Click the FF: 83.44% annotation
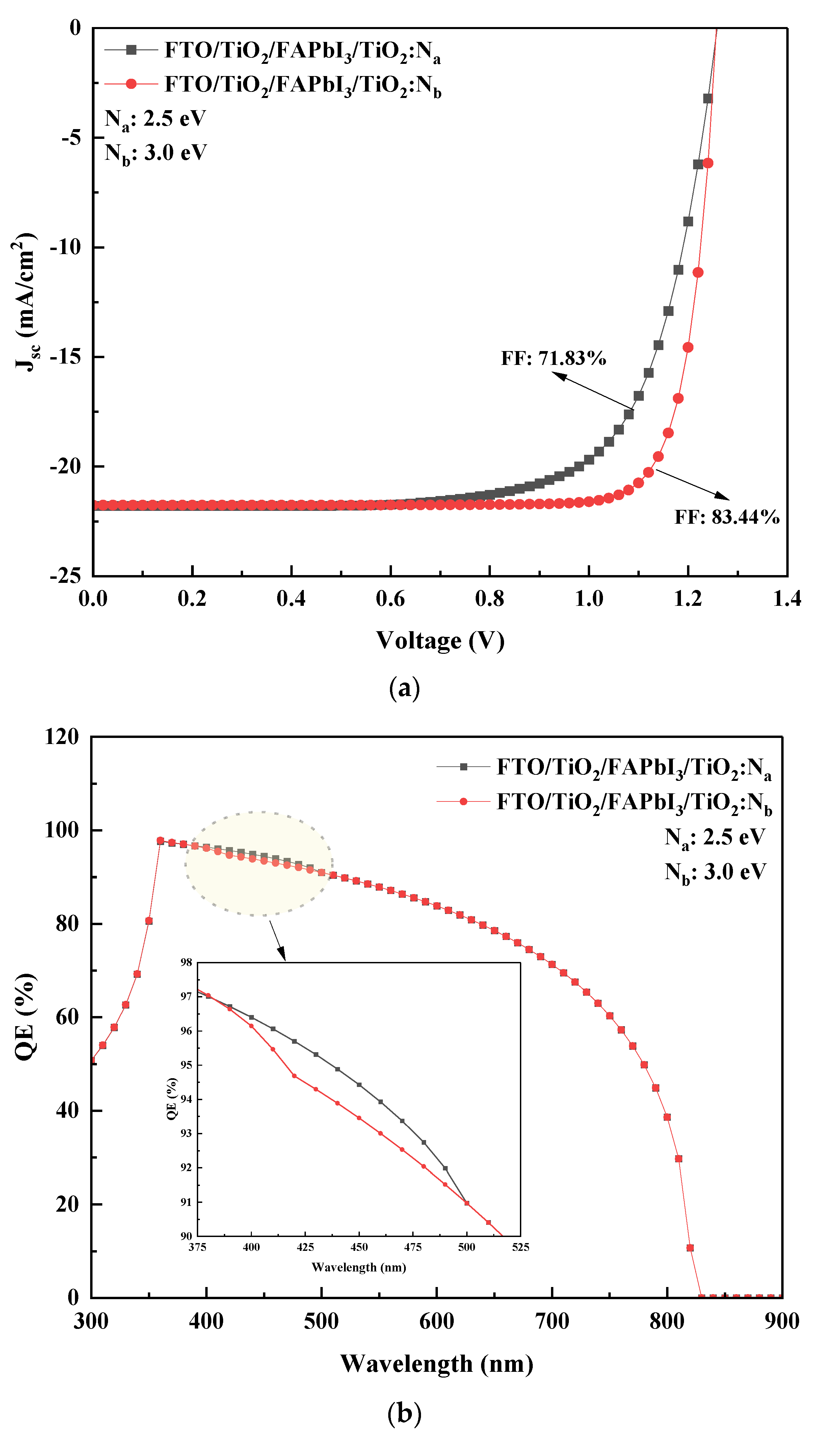pos(726,517)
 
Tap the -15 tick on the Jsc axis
pos(66,357)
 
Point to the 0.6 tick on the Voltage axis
pos(391,599)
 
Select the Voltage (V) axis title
pos(440,640)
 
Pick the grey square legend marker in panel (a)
pos(131,50)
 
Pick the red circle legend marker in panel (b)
pos(464,801)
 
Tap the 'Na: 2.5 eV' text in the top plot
pos(155,119)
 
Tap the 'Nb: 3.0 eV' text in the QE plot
pos(715,872)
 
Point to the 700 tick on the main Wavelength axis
pos(552,1320)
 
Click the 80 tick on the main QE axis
pos(67,923)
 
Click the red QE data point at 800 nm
pos(667,1117)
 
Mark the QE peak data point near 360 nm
pos(160,841)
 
